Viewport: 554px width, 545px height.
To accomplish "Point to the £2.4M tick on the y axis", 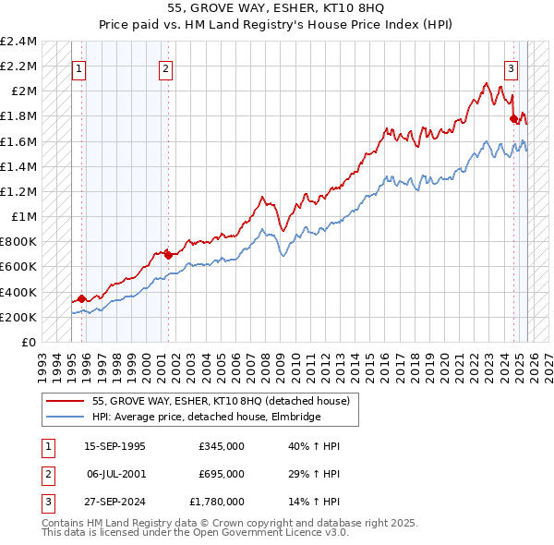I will [19, 42].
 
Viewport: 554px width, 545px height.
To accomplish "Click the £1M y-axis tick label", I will [25, 217].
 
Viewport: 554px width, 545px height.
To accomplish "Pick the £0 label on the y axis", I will [30, 343].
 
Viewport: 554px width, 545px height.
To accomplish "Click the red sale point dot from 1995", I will [82, 298].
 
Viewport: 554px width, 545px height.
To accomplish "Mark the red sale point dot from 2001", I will [168, 254].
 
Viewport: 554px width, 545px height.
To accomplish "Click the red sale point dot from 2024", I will [513, 118].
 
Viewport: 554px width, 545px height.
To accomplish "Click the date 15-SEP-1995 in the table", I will [114, 446].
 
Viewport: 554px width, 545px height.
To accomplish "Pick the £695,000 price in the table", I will [222, 474].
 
